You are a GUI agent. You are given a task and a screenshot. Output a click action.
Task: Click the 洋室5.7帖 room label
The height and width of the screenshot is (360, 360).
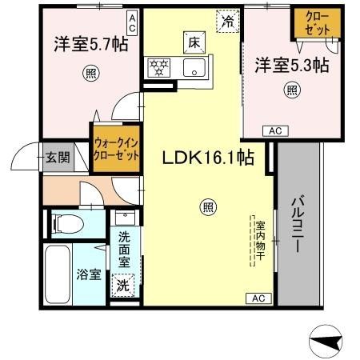click(x=91, y=44)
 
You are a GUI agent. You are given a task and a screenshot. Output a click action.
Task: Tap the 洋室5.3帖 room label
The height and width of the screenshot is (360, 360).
click(x=292, y=65)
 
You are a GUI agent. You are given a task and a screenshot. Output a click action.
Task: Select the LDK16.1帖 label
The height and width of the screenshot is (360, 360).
click(x=208, y=158)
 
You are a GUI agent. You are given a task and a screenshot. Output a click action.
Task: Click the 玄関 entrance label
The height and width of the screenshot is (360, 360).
click(x=58, y=158)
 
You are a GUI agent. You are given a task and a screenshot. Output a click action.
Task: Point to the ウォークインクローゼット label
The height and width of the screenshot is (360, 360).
click(x=116, y=149)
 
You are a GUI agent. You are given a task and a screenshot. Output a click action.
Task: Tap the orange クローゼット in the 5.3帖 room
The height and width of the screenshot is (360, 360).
click(x=318, y=23)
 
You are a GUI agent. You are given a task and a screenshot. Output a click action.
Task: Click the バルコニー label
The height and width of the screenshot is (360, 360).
click(x=298, y=224)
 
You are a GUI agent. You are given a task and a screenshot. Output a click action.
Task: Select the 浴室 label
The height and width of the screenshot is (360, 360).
click(x=89, y=274)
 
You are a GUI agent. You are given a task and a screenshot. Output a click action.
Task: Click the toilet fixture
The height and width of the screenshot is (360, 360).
click(x=68, y=224)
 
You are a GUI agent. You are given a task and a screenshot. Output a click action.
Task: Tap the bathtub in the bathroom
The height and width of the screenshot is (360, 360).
click(x=58, y=274)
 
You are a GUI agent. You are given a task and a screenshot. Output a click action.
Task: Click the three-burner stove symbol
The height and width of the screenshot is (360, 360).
click(x=159, y=68)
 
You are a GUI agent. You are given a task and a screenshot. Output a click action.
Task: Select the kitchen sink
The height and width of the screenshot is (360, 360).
click(x=194, y=67)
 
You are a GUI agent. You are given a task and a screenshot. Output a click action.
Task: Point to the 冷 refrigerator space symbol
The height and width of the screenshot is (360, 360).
click(x=228, y=21)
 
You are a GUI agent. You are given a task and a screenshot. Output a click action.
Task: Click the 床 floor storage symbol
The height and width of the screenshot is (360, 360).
click(x=194, y=42)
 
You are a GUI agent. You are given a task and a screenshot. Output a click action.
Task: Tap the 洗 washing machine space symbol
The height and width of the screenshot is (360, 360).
click(x=123, y=285)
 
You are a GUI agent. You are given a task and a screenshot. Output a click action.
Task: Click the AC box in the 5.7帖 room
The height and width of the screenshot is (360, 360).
click(x=132, y=22)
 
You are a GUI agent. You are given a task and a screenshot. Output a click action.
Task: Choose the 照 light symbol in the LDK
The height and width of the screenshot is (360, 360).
click(x=208, y=207)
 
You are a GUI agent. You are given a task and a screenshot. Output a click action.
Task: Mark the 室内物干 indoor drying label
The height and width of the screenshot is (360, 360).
click(x=260, y=241)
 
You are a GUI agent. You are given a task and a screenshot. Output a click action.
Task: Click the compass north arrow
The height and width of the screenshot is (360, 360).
click(x=326, y=341)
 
